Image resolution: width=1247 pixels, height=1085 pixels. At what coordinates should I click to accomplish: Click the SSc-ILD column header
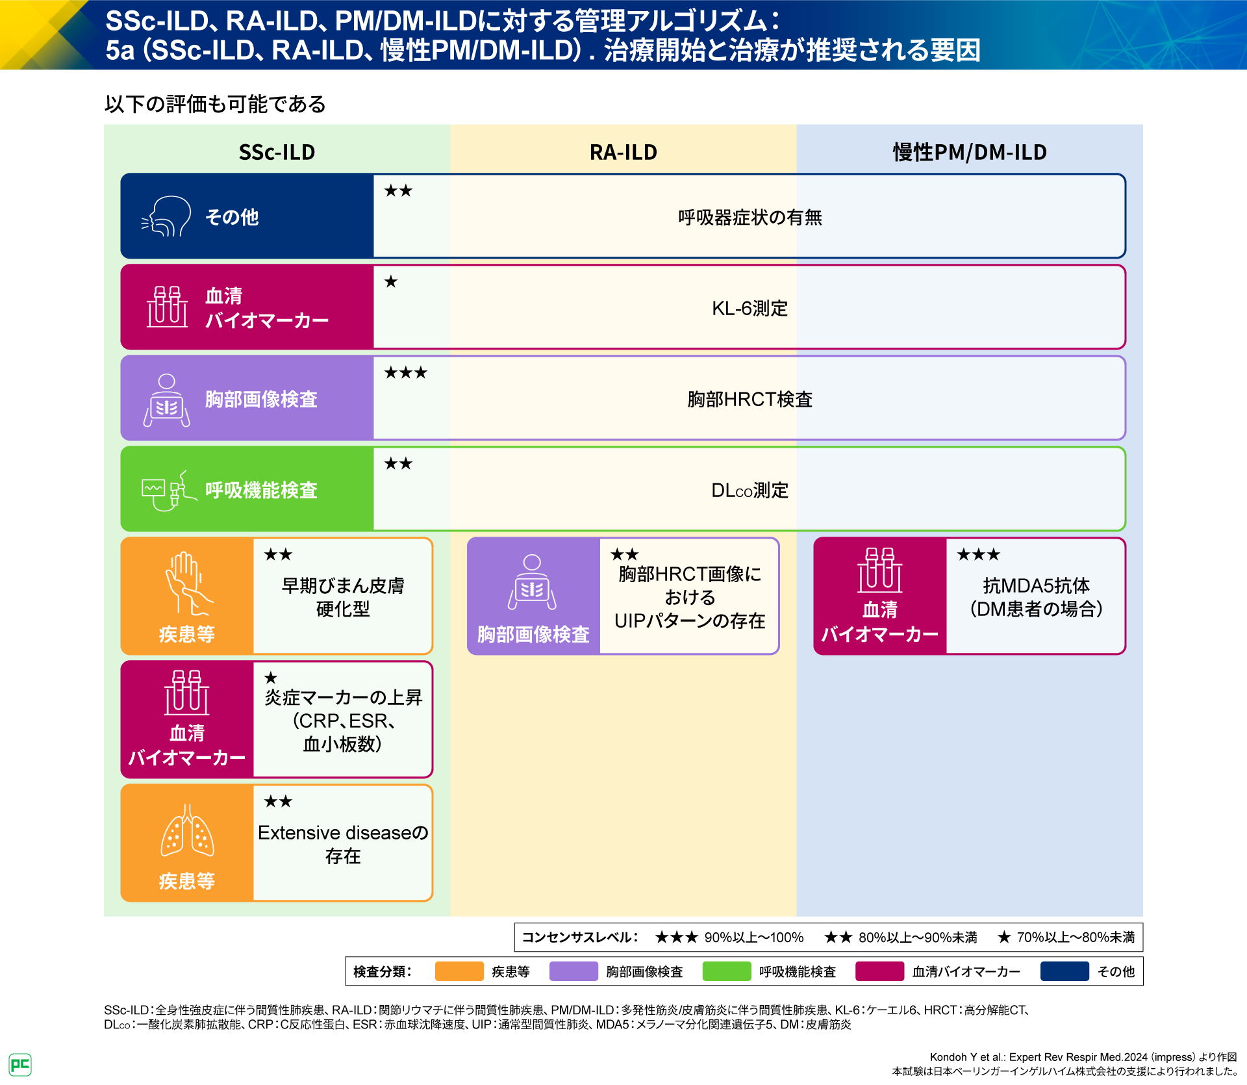point(277,152)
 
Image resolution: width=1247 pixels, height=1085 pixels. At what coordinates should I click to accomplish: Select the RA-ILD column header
point(623,152)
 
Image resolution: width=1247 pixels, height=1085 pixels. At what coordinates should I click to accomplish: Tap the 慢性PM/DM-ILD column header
point(970,152)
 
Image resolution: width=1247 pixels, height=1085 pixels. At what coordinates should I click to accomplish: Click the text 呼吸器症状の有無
point(749,217)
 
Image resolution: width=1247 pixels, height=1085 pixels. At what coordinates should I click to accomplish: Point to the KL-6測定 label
point(749,308)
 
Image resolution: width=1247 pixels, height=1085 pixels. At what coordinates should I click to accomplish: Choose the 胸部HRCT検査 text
point(749,399)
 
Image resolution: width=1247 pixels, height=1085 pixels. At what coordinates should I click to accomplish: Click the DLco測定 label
point(749,490)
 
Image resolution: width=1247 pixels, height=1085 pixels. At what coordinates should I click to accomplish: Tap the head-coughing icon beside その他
point(167,216)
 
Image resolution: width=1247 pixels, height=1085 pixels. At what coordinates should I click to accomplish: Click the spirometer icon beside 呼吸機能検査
point(168,491)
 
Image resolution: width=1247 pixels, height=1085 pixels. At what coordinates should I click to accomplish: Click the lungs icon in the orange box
point(187,831)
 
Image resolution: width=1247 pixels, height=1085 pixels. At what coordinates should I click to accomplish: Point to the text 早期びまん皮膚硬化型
point(343,597)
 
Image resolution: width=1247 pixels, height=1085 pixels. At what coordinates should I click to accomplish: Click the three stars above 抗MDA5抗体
point(978,555)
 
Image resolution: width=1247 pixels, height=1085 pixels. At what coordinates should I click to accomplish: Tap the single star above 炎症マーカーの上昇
point(271,678)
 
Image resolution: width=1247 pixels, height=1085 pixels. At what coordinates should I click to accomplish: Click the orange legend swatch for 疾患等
point(459,971)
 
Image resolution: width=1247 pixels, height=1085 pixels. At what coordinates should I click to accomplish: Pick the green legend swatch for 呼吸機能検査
point(727,971)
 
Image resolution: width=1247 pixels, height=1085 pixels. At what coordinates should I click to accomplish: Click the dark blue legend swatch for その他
point(1064,971)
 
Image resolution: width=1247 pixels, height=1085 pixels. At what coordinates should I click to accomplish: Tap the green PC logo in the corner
point(20,1064)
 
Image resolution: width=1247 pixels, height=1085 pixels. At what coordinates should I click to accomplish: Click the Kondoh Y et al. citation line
point(1083,1057)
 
